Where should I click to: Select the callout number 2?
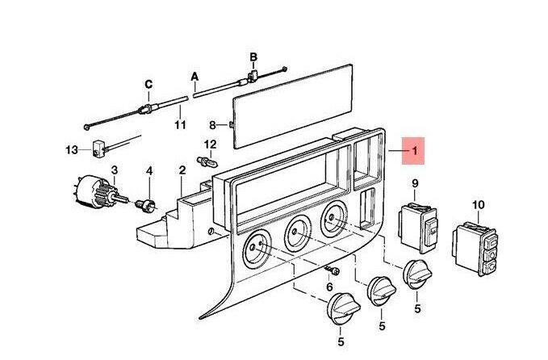(182, 170)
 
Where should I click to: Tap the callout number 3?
(115, 170)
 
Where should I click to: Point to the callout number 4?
(149, 170)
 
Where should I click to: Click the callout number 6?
(329, 287)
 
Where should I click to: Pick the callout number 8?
(213, 125)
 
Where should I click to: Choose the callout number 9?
(415, 184)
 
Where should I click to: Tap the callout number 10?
(478, 205)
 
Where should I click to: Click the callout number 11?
(180, 125)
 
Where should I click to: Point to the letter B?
(253, 57)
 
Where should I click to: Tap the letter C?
(148, 84)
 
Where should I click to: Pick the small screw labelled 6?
(330, 268)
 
